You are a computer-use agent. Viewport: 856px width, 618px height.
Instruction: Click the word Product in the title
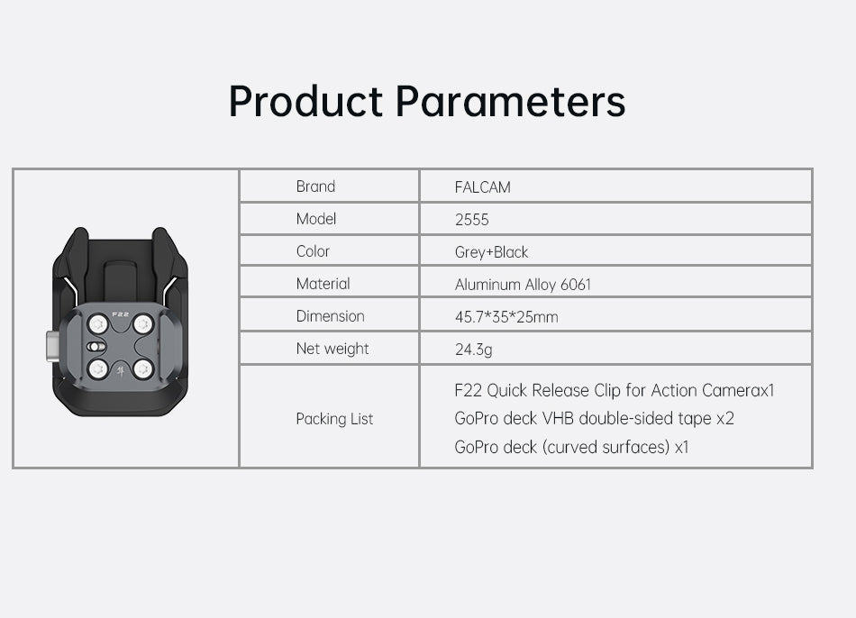305,102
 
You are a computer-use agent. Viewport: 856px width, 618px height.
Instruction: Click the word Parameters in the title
510,102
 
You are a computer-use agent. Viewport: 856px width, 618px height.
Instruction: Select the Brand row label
315,186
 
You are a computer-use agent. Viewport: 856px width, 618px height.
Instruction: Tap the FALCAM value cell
483,187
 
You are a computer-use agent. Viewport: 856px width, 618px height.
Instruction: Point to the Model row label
316,219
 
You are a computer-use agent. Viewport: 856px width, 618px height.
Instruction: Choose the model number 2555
471,220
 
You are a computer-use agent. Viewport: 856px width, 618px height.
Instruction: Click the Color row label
313,251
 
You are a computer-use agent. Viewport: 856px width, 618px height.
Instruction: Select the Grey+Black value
491,251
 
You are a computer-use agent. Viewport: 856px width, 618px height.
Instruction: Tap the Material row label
323,284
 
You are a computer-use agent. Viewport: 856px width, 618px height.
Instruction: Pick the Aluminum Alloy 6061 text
523,285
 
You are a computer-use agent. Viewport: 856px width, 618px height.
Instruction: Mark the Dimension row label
331,316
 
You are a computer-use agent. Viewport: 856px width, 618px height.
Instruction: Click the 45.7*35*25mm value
506,316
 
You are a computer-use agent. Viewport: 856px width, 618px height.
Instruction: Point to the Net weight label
332,349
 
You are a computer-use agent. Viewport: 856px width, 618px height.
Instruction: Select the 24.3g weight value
473,350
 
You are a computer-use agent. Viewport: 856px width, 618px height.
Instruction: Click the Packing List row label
334,419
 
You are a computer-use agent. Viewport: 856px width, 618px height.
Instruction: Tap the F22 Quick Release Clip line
615,390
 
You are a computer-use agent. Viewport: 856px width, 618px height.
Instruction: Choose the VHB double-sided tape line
594,418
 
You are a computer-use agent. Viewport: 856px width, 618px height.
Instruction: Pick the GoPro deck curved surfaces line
571,447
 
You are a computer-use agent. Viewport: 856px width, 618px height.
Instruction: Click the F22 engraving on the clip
120,314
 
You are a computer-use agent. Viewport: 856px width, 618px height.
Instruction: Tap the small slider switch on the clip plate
96,347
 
